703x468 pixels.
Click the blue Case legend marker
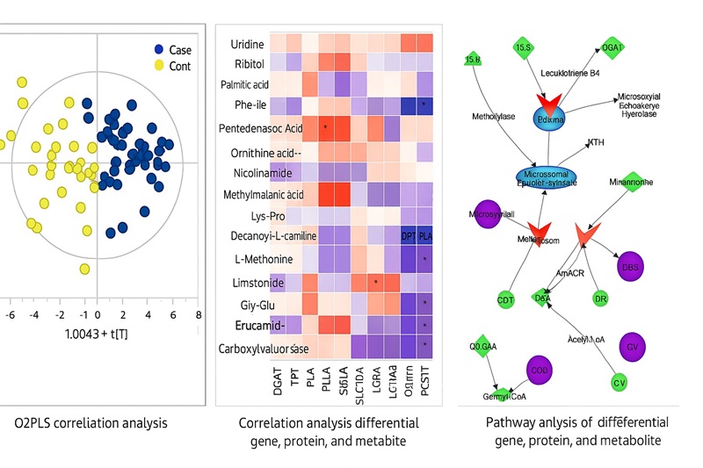(x=160, y=49)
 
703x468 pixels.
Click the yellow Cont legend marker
(x=160, y=66)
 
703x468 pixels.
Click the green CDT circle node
(x=505, y=300)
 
